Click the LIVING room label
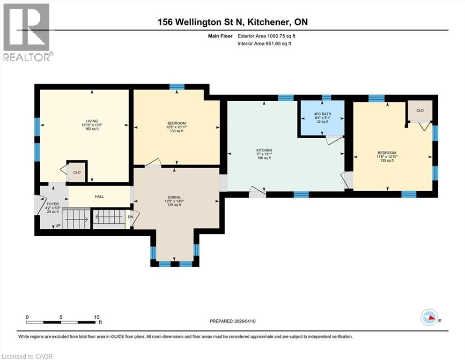[x=84, y=120]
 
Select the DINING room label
[x=174, y=197]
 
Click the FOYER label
[x=52, y=204]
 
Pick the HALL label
[x=99, y=197]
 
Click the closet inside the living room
[x=77, y=172]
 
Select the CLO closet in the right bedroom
[x=420, y=111]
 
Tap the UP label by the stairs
[x=58, y=225]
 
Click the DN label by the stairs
[x=131, y=217]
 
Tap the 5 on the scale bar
[x=61, y=316]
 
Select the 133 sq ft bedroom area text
[x=176, y=131]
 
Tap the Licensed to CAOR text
[x=27, y=356]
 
